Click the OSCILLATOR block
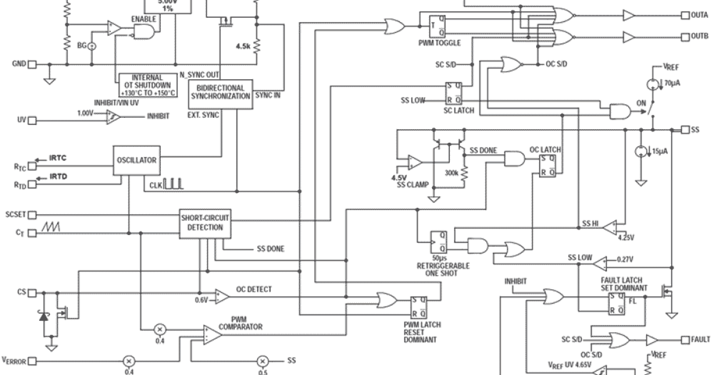pos(136,160)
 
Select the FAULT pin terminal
pos(685,339)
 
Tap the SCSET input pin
pos(33,214)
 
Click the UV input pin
pos(33,120)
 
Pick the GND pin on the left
pos(33,64)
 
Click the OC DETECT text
pos(254,289)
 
